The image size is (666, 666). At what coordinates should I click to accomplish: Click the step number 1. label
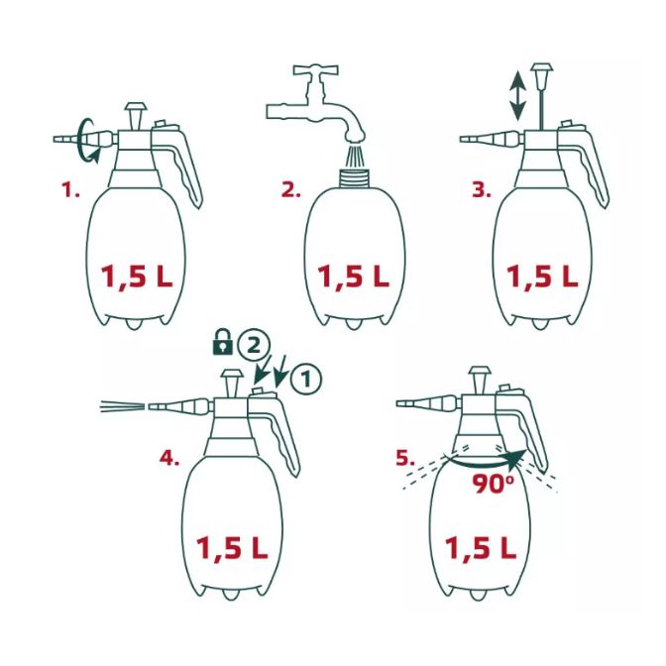coord(70,189)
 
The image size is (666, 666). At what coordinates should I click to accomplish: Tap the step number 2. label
coord(290,189)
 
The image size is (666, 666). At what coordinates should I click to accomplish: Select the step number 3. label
coord(481,189)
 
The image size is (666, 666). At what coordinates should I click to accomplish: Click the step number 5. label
coord(404,458)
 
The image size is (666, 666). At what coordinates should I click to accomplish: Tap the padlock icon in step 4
coord(223,345)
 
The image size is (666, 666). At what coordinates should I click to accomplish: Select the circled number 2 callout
coord(253,345)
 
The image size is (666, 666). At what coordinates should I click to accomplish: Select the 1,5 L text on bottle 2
coord(353,277)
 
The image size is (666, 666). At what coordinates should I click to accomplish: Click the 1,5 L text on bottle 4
coord(231,546)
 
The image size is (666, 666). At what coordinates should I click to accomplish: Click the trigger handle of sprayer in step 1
coord(188,164)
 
